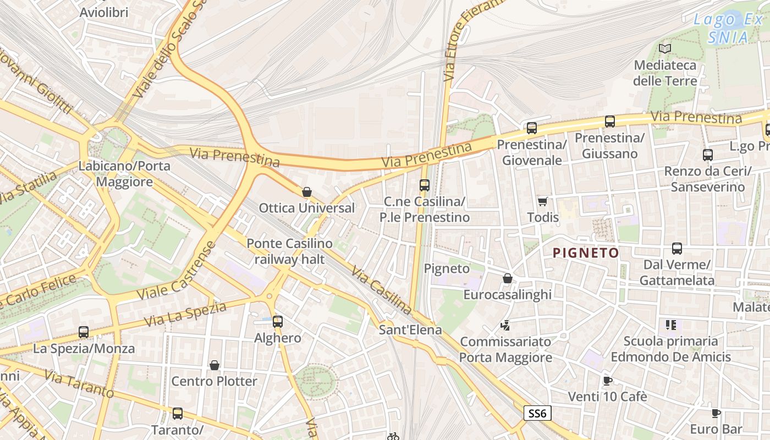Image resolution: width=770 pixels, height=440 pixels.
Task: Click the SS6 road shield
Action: [537, 414]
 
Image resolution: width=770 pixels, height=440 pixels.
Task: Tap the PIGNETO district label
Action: [586, 253]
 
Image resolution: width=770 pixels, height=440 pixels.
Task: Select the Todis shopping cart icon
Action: [543, 201]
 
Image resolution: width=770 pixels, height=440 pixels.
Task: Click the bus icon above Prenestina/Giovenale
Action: [531, 128]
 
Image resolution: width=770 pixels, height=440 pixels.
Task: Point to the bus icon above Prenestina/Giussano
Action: [609, 122]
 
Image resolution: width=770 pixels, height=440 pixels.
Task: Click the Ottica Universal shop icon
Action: [307, 192]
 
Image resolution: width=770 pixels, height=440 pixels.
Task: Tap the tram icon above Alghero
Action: [278, 322]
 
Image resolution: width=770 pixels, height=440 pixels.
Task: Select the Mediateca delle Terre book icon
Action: [665, 48]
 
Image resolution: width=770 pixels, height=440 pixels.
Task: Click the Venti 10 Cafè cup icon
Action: [607, 381]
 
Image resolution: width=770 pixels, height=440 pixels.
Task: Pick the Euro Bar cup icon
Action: [716, 413]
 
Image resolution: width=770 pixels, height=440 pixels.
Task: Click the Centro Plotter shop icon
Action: [215, 365]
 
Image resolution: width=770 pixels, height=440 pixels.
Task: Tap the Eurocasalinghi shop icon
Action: [507, 279]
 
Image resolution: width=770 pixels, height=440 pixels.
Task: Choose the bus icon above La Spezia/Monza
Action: [84, 332]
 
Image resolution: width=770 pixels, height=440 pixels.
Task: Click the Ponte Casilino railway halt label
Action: [289, 251]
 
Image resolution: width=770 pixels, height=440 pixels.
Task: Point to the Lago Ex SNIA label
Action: [728, 29]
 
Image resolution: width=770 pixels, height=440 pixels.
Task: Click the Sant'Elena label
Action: [410, 330]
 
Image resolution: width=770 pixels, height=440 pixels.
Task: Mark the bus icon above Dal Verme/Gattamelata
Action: [677, 249]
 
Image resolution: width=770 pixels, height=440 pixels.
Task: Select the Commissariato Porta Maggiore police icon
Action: [505, 326]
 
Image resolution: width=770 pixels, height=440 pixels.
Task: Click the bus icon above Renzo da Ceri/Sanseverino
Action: [707, 155]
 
